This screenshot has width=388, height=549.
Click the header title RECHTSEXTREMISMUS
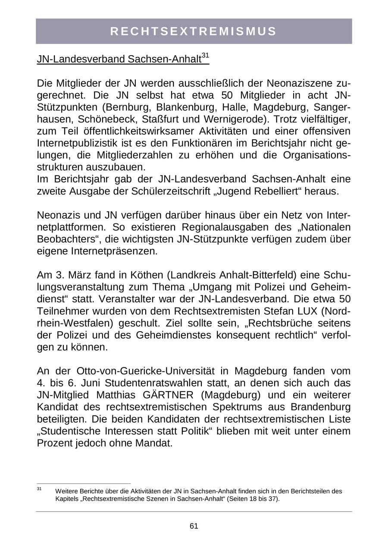194,31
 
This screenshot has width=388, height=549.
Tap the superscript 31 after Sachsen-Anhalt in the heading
205,56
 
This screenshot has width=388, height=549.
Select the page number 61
194,526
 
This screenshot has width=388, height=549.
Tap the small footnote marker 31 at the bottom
39,489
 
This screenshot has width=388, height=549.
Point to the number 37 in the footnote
272,499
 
